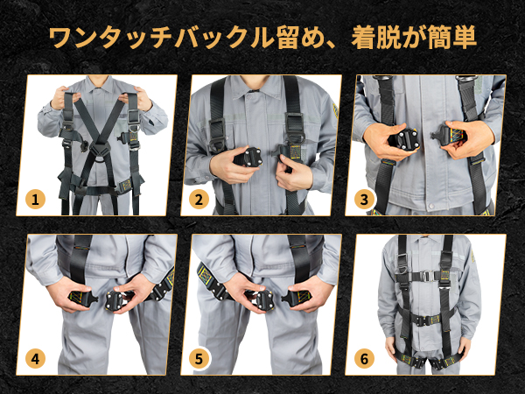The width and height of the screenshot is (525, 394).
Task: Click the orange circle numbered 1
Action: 35,200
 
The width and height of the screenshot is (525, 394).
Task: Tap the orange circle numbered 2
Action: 199,200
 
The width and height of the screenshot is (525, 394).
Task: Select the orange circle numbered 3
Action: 364,200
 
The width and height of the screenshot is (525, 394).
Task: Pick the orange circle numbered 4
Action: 35,359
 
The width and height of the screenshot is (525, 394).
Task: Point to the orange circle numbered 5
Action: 199,359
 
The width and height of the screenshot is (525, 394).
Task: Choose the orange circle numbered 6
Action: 364,359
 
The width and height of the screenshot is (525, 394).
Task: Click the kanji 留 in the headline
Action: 289,37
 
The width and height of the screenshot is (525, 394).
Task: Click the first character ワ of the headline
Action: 61,38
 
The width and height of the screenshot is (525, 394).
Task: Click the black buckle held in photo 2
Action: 248,157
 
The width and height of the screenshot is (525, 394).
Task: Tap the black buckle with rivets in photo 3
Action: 403,139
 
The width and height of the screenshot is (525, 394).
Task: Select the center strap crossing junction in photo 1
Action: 99,149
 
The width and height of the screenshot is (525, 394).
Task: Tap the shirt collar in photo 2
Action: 258,88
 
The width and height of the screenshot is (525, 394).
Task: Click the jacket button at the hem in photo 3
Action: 430,206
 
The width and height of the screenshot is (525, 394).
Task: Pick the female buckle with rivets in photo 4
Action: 115,299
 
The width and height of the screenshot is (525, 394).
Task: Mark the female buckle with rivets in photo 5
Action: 262,300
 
